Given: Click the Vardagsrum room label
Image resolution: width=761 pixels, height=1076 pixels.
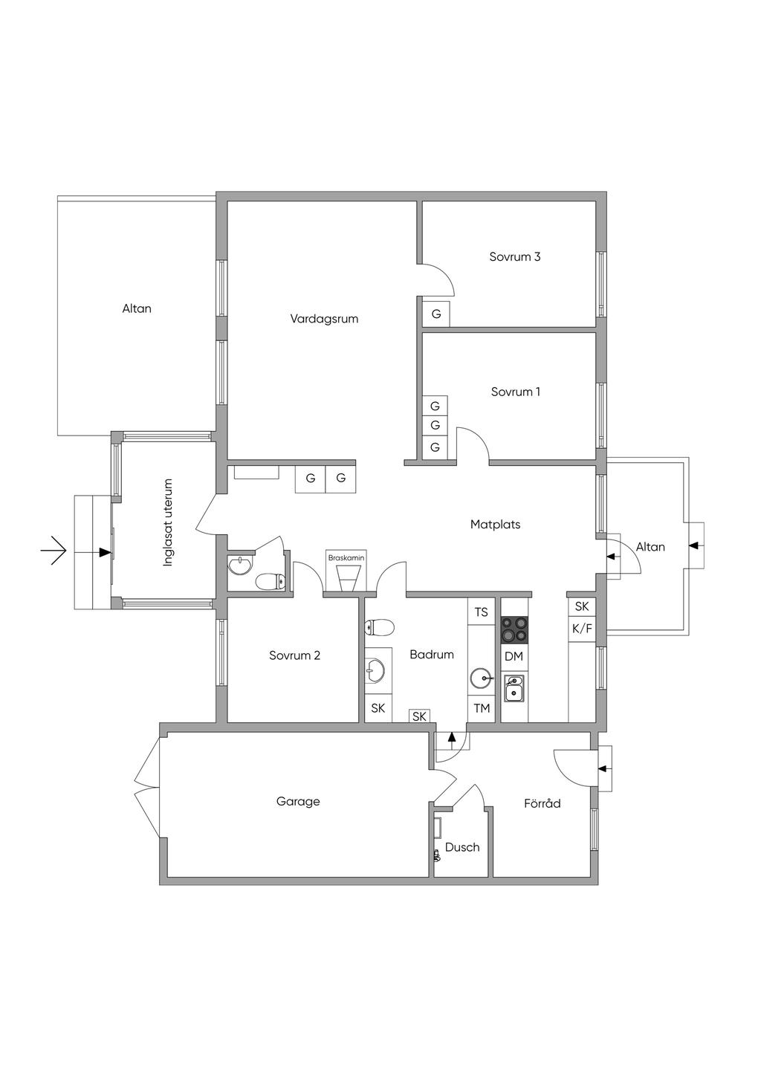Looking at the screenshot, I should (324, 319).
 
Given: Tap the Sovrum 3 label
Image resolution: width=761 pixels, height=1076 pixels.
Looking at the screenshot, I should (514, 257).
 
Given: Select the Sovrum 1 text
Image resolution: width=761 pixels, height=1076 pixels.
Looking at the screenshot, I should (516, 392).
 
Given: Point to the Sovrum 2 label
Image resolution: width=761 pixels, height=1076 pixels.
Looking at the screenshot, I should (294, 655).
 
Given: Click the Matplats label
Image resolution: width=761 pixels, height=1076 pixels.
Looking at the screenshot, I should (495, 525).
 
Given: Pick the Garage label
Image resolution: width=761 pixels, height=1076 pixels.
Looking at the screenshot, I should (298, 801).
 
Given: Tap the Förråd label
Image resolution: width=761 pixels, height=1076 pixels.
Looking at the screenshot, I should (542, 803).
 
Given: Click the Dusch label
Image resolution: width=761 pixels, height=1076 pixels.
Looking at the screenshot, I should (462, 847).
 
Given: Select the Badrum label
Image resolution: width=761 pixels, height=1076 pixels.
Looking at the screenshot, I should (432, 655).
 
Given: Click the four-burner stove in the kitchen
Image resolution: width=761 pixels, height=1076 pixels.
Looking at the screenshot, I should (514, 629).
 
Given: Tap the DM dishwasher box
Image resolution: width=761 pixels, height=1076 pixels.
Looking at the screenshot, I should (514, 657).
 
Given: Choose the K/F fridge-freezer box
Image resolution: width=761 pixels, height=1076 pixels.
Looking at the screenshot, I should (582, 629).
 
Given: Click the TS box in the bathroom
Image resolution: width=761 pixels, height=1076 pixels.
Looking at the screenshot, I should (482, 612).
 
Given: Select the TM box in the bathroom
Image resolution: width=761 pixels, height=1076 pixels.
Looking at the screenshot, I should (482, 708).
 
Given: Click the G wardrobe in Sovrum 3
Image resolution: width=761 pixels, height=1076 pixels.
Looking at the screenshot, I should (436, 314).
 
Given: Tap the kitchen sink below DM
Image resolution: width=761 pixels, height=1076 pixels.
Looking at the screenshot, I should (514, 688).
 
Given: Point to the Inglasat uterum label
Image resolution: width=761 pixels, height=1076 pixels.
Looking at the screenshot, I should (168, 522).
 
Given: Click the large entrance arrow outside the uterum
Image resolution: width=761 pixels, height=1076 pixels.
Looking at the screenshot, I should (54, 551).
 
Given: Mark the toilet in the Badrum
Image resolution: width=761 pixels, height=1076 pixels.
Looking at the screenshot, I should (378, 629).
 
